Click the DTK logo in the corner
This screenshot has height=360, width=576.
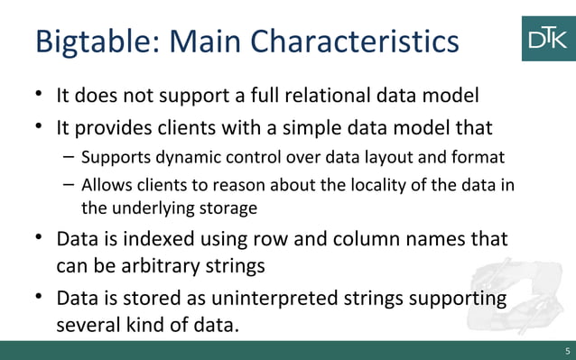click(547, 37)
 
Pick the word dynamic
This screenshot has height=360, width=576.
click(177, 159)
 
